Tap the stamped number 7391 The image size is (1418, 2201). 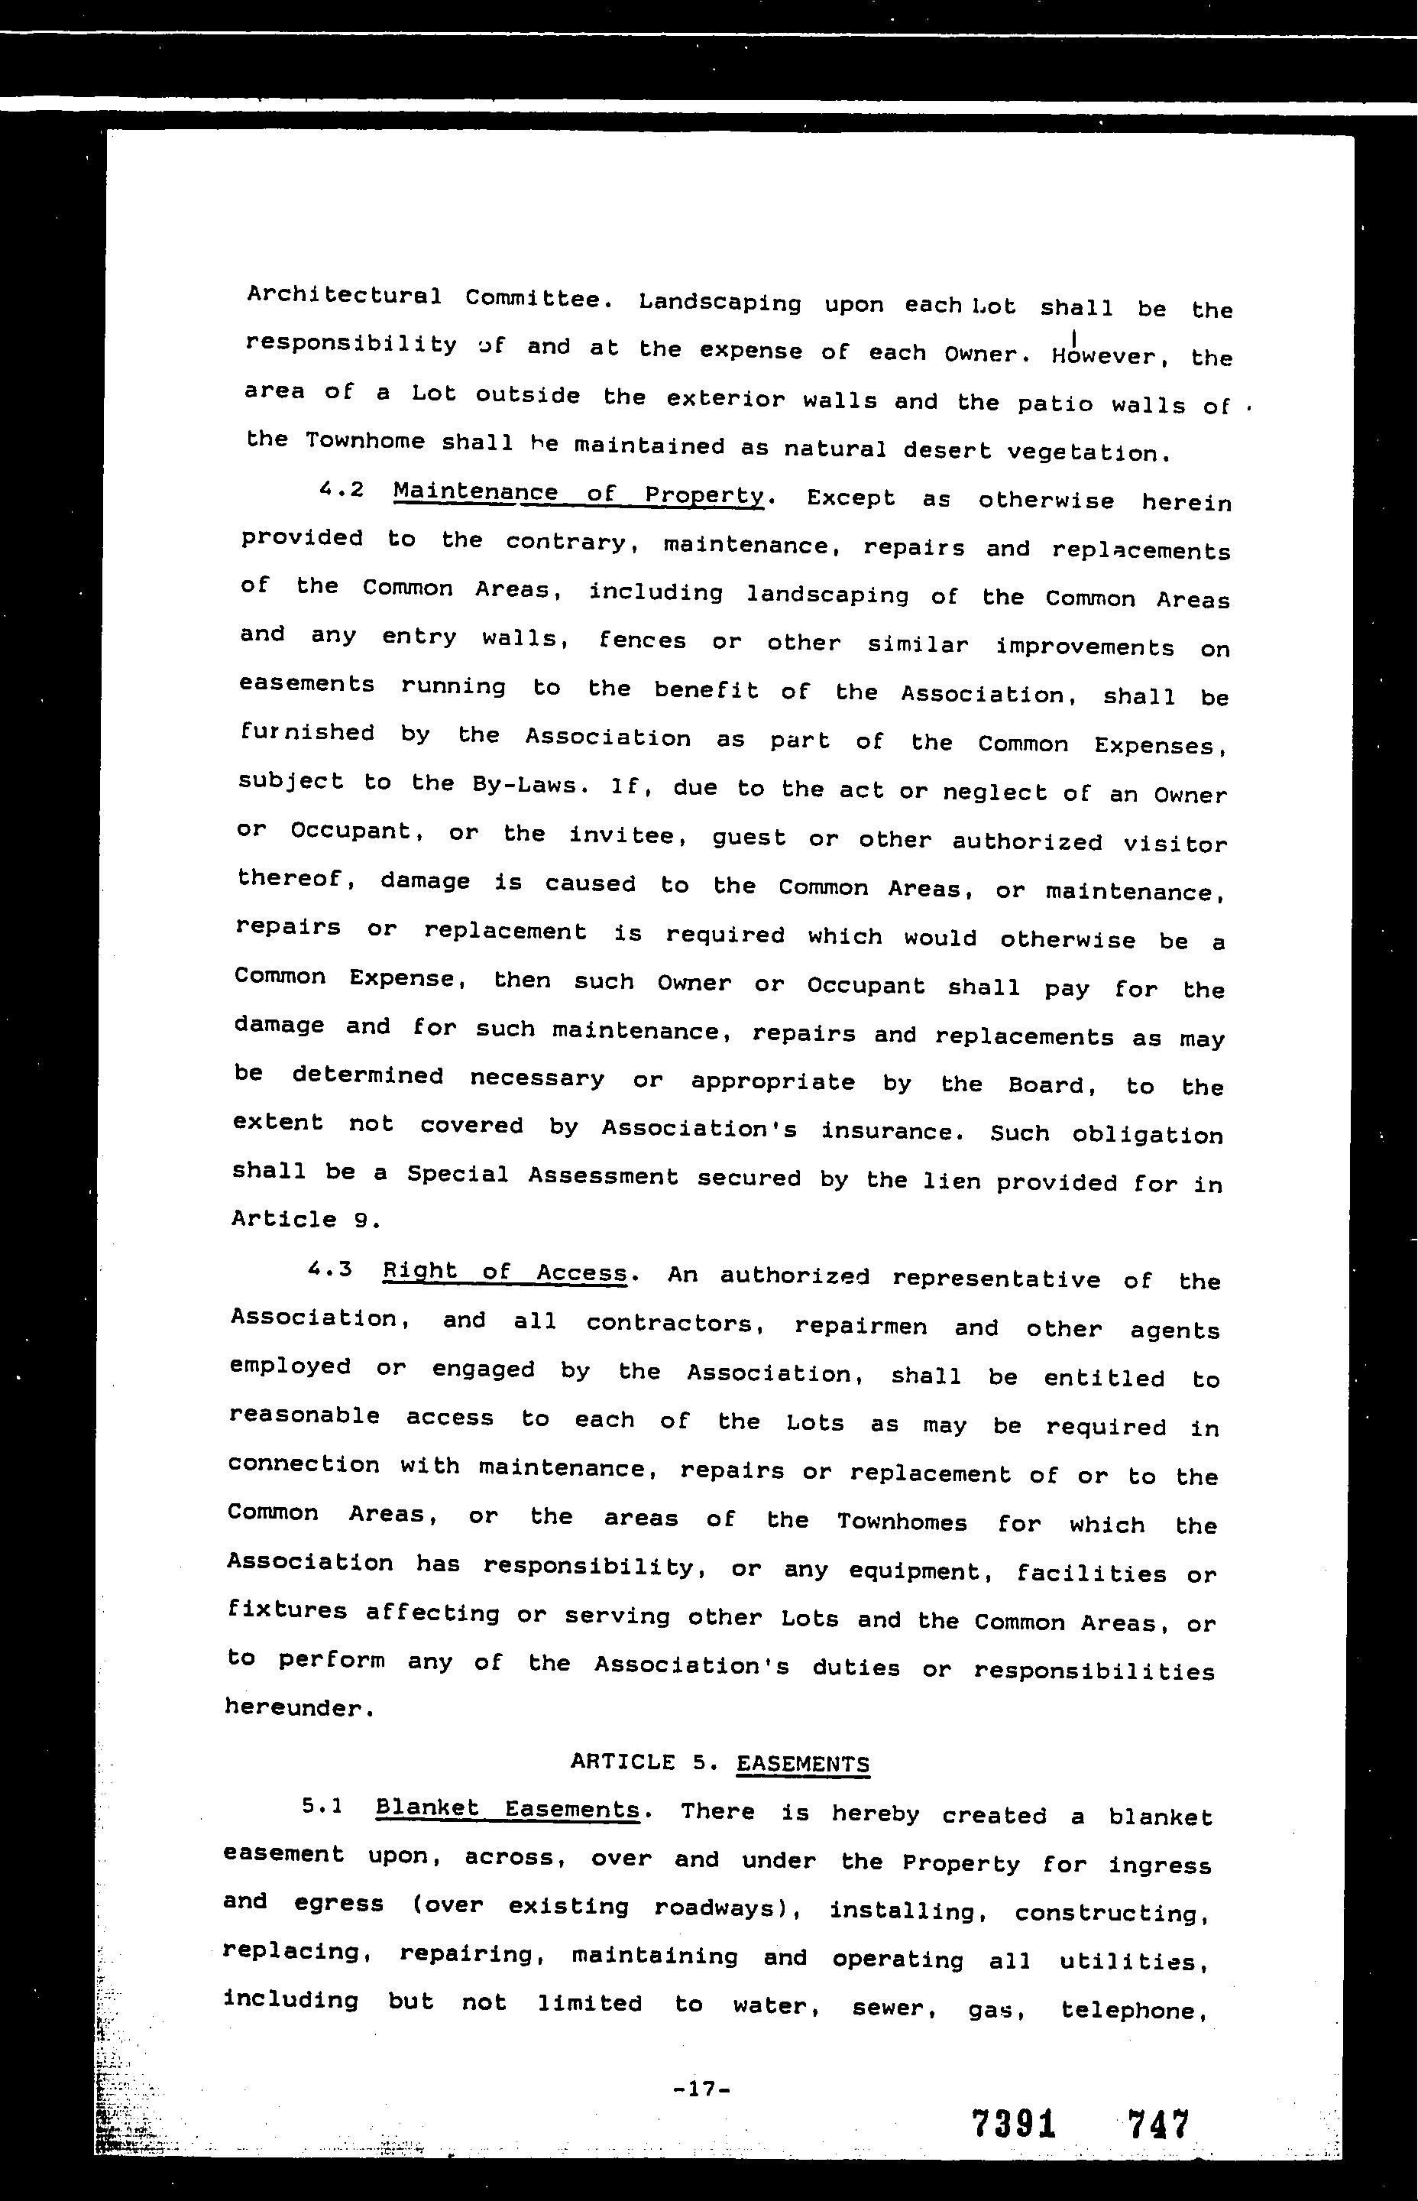point(1013,2125)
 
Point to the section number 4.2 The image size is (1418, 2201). point(341,490)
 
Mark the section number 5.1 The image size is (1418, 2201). point(322,1807)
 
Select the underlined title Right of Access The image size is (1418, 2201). point(504,1272)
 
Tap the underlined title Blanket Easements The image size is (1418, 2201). point(507,1810)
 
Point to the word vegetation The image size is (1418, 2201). point(1090,452)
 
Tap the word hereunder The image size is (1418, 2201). point(300,1708)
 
